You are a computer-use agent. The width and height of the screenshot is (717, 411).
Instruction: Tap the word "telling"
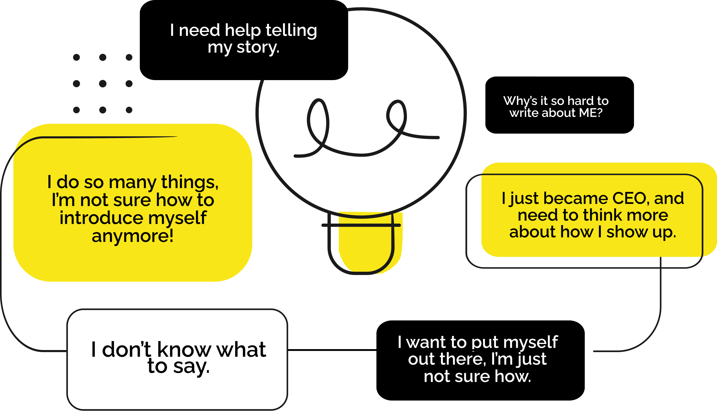291,30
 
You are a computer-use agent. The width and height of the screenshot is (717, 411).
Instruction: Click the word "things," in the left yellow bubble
190,182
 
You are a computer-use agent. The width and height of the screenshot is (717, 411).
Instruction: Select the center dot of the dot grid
103,83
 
